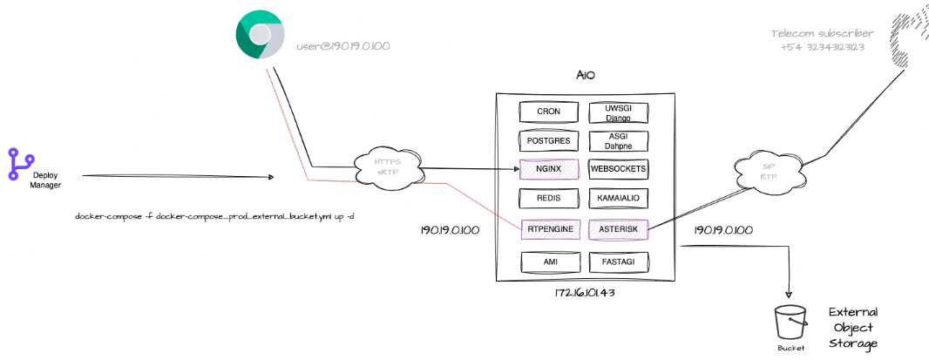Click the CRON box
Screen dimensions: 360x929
click(x=549, y=112)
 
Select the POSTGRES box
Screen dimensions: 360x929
click(x=549, y=139)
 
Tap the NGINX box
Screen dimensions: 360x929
click(x=549, y=169)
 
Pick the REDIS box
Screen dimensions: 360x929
click(x=549, y=199)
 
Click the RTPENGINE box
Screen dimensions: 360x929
click(x=549, y=229)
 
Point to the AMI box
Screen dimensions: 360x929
click(x=549, y=260)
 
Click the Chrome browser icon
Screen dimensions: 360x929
click(x=260, y=35)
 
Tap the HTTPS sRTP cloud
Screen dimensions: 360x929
click(x=387, y=166)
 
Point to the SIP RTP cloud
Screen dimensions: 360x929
click(x=768, y=171)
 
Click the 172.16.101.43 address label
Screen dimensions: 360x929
click(x=586, y=293)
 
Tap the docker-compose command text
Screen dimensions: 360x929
click(x=214, y=216)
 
